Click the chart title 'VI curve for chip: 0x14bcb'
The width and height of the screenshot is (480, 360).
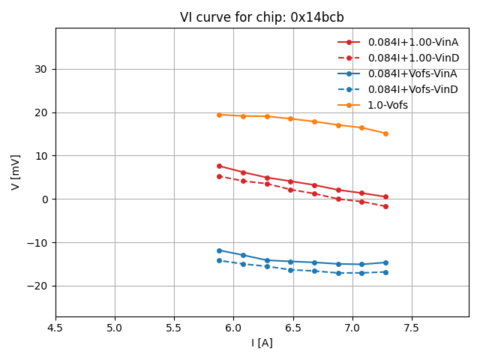pyautogui.click(x=262, y=17)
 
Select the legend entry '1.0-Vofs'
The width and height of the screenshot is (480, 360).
pyautogui.click(x=388, y=105)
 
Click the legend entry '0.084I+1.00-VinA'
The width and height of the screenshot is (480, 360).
pyautogui.click(x=412, y=42)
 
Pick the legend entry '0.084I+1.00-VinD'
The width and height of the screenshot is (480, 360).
pyautogui.click(x=412, y=58)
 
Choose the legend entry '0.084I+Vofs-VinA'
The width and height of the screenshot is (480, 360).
pyautogui.click(x=412, y=73)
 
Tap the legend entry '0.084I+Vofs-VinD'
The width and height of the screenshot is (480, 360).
pyautogui.click(x=412, y=89)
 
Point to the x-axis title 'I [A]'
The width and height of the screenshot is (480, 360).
pyautogui.click(x=262, y=343)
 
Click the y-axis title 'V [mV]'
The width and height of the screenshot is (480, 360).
pyautogui.click(x=16, y=172)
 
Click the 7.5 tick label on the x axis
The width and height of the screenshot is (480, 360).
pyautogui.click(x=412, y=328)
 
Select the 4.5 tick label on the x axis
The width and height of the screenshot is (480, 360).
pyautogui.click(x=55, y=328)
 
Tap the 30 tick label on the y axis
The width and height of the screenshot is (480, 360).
pyautogui.click(x=41, y=69)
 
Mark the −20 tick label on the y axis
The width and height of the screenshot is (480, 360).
pyautogui.click(x=37, y=286)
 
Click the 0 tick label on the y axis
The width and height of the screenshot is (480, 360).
pyautogui.click(x=45, y=199)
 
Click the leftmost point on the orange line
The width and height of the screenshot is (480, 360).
pyautogui.click(x=219, y=115)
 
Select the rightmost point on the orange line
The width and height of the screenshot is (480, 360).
pyautogui.click(x=385, y=133)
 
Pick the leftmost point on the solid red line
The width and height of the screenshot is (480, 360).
pyautogui.click(x=219, y=166)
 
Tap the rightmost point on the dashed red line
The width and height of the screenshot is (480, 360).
pyautogui.click(x=385, y=206)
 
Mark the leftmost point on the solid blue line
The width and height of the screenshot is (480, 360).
pyautogui.click(x=219, y=250)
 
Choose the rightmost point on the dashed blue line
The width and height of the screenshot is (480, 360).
pyautogui.click(x=385, y=272)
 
